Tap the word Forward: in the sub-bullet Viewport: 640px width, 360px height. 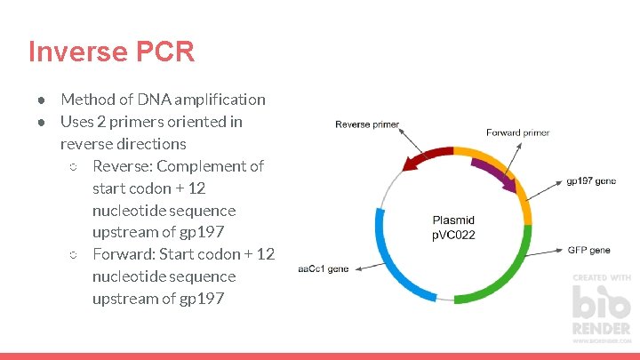124,254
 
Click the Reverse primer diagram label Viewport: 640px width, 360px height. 366,124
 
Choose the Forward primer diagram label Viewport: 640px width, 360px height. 517,132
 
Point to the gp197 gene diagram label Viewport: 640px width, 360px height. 590,180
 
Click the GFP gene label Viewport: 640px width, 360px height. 588,251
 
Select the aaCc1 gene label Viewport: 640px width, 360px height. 324,268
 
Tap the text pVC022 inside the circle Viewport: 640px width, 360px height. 453,236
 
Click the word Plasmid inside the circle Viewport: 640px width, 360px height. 453,220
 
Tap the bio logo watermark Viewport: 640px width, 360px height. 601,307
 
